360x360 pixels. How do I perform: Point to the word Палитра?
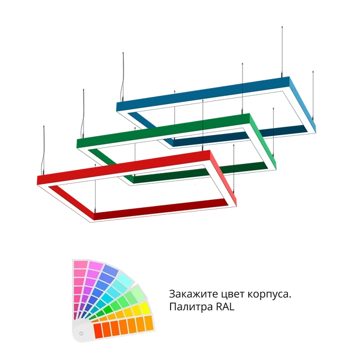click(x=191, y=307)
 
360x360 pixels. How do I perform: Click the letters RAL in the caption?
click(x=225, y=307)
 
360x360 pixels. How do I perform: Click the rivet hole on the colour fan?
click(x=81, y=333)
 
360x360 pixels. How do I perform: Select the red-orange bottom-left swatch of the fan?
click(x=98, y=331)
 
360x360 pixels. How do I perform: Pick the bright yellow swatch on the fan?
click(x=145, y=308)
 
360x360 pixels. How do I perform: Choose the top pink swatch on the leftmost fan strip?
click(x=81, y=264)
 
